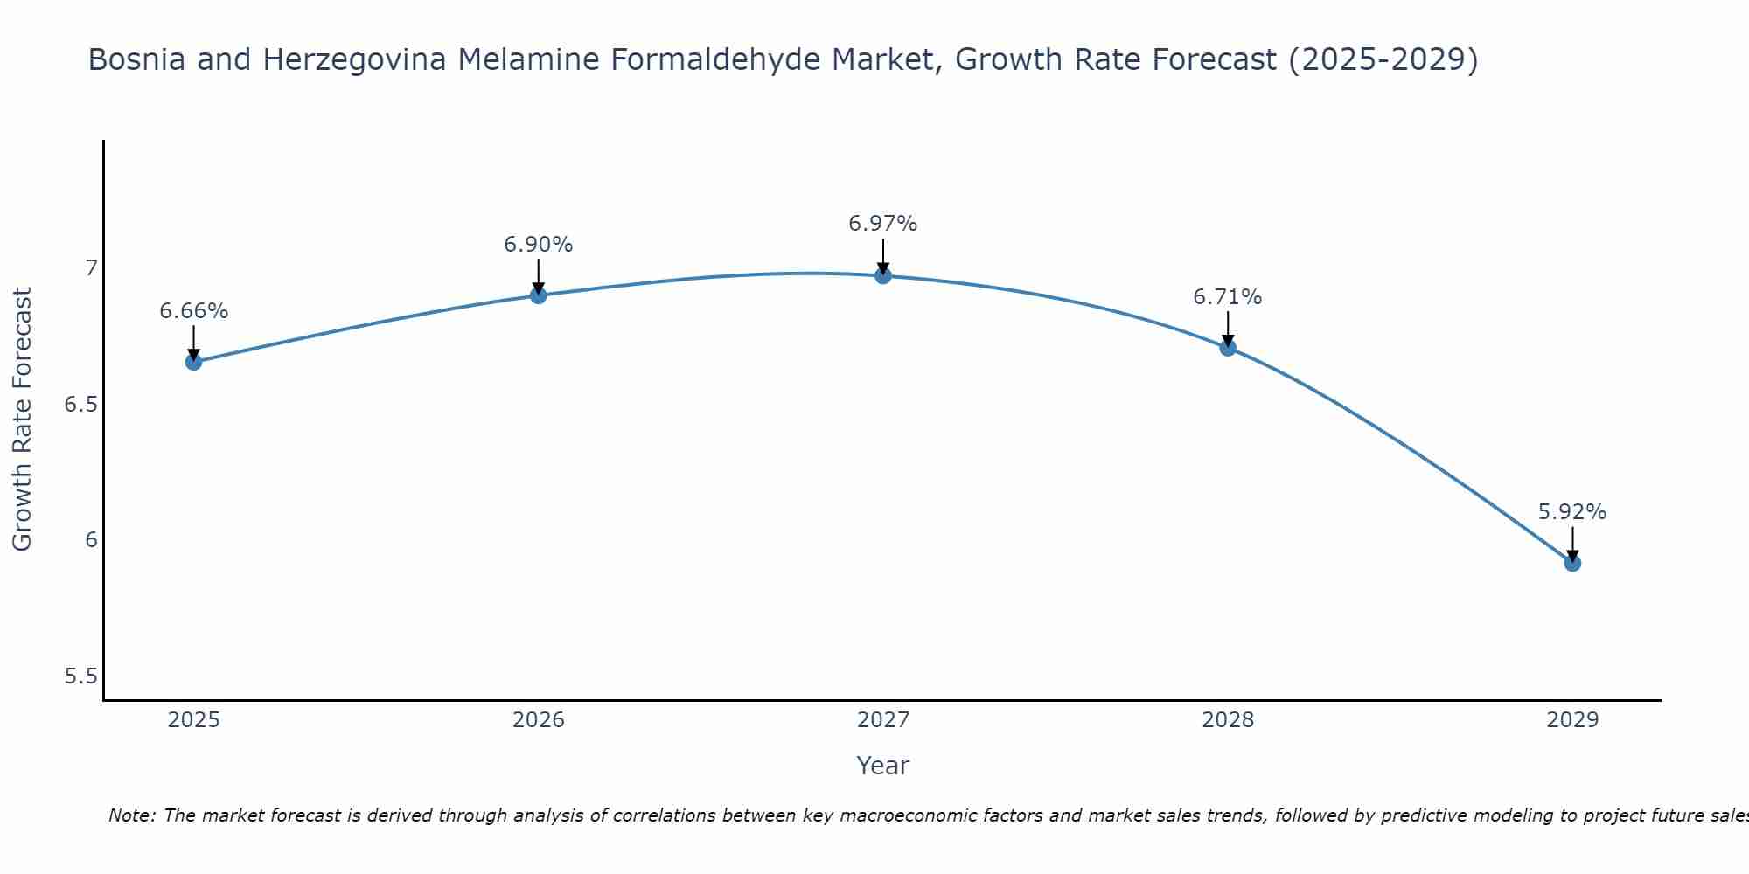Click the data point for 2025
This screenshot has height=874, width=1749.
[194, 362]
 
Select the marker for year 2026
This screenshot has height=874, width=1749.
[539, 295]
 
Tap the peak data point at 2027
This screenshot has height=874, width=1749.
[883, 276]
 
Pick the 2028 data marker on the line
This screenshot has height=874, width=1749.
[1228, 348]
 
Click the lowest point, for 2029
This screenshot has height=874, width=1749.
[1572, 564]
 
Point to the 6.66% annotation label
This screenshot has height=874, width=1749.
[194, 311]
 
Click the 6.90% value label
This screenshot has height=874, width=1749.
[539, 245]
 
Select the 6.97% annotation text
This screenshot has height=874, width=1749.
[883, 224]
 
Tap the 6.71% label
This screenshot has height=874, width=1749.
[1228, 297]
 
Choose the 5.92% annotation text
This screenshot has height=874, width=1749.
[1572, 512]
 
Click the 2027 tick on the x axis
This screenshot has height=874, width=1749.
[883, 720]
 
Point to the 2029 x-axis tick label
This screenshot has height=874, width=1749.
[1572, 720]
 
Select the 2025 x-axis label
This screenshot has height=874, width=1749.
[194, 720]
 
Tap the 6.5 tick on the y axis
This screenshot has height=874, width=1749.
[81, 405]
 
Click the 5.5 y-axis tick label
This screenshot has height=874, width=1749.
[81, 676]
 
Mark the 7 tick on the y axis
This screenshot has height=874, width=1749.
[91, 268]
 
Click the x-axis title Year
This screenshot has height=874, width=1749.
[883, 766]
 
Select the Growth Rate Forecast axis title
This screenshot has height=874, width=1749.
[23, 420]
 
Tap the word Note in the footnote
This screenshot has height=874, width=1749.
[131, 815]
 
